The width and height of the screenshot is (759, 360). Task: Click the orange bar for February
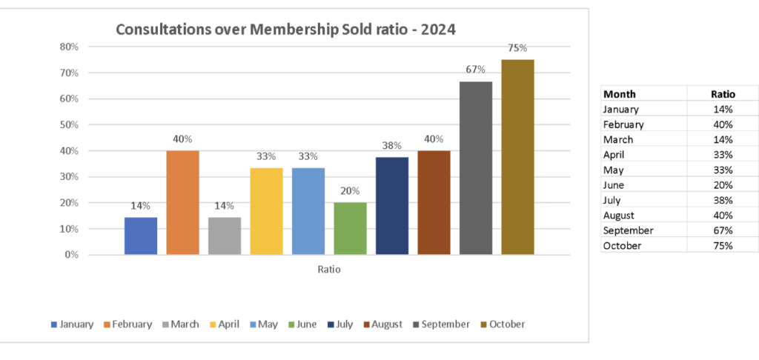click(182, 202)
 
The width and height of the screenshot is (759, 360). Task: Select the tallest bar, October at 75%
click(517, 157)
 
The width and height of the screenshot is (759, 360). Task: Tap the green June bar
click(350, 228)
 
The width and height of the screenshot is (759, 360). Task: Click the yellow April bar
click(266, 211)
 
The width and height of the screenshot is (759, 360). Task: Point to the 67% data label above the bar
click(475, 70)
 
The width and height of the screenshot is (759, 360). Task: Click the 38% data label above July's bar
click(391, 146)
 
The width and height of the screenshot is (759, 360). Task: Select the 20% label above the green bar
click(350, 191)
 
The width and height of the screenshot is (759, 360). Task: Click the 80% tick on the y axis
click(69, 47)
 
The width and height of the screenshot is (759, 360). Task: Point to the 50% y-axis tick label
click(69, 124)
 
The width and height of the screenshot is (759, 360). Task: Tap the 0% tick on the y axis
click(71, 255)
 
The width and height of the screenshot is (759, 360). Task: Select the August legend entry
click(383, 324)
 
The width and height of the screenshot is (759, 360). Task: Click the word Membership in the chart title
click(288, 30)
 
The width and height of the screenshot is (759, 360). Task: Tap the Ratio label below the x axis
click(329, 270)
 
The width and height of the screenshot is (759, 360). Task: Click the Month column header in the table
click(620, 94)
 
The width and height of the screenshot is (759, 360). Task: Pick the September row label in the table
click(629, 230)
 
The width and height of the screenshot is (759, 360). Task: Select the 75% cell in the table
click(722, 246)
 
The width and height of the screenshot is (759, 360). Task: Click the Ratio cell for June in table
click(722, 185)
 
